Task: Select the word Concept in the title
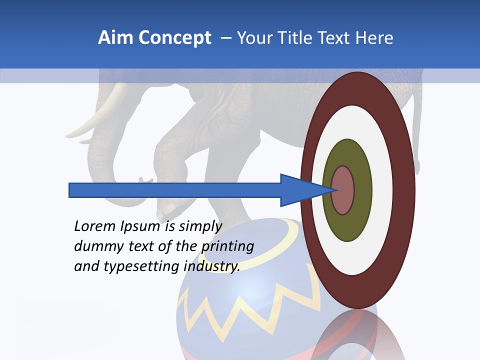174,38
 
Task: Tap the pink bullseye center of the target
343,190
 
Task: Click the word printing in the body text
227,246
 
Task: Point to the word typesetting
142,266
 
